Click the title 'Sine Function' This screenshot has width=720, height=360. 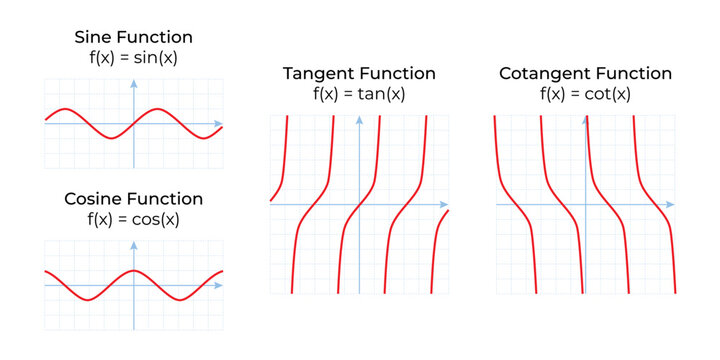click(x=134, y=37)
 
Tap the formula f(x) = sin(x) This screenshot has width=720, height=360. click(x=134, y=57)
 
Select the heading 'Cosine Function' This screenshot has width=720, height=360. click(x=134, y=198)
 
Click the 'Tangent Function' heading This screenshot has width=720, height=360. click(x=359, y=74)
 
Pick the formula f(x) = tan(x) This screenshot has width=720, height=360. click(x=359, y=94)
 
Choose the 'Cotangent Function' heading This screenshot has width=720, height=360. click(x=585, y=74)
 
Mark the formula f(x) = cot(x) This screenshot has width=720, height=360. click(x=585, y=94)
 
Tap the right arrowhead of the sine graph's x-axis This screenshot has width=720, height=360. click(x=220, y=124)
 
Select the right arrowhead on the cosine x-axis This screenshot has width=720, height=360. click(x=220, y=286)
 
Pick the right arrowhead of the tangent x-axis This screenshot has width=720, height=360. click(x=445, y=205)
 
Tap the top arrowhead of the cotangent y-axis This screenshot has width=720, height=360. click(x=585, y=120)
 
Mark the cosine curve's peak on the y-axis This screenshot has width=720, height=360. click(x=134, y=271)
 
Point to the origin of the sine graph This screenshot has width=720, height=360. click(x=134, y=124)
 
